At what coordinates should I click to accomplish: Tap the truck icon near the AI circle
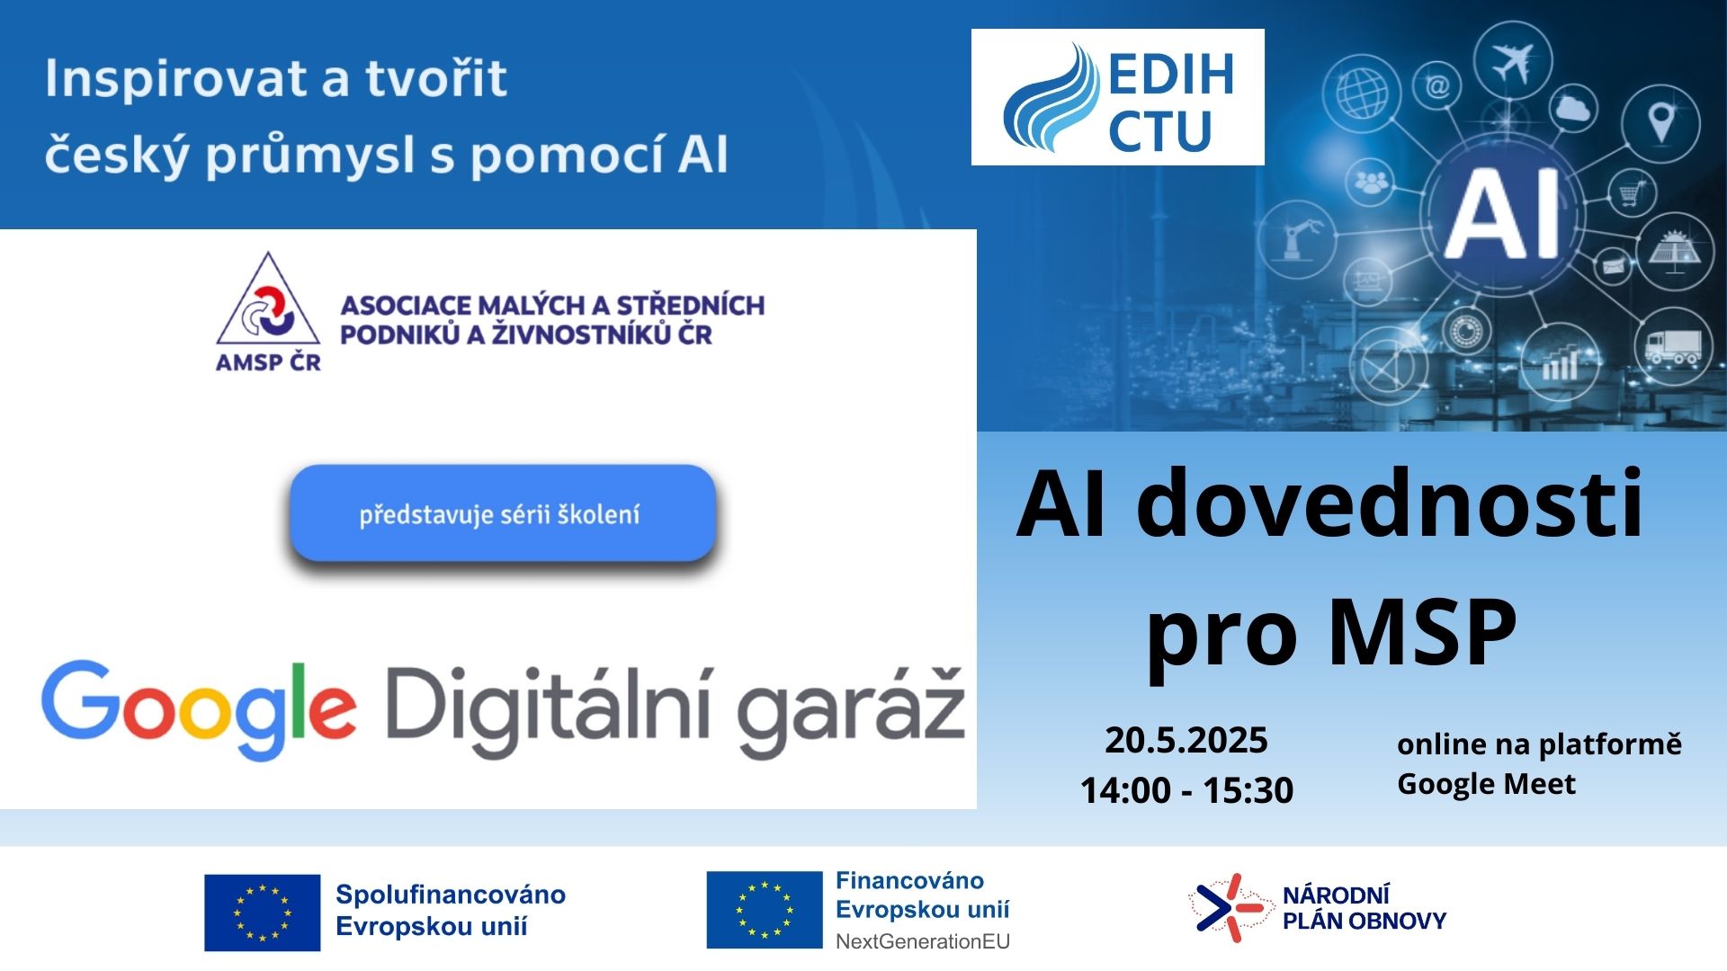[1673, 346]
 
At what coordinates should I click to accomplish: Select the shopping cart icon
[1633, 192]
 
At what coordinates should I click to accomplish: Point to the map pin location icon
[1661, 123]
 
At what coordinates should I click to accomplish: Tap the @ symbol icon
[1437, 86]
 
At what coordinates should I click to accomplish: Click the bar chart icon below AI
[1560, 364]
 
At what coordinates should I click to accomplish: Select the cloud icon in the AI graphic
[1572, 109]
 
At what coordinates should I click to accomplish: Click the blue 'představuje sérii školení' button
[502, 513]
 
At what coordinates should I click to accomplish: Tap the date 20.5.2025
[1186, 741]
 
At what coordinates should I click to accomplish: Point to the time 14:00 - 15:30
[1186, 790]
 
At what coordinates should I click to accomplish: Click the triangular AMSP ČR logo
[268, 311]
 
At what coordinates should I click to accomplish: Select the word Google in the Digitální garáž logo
[199, 710]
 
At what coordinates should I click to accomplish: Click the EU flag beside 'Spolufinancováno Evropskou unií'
[262, 913]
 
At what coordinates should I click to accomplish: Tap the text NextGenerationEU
[923, 941]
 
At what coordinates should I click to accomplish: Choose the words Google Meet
[1486, 785]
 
